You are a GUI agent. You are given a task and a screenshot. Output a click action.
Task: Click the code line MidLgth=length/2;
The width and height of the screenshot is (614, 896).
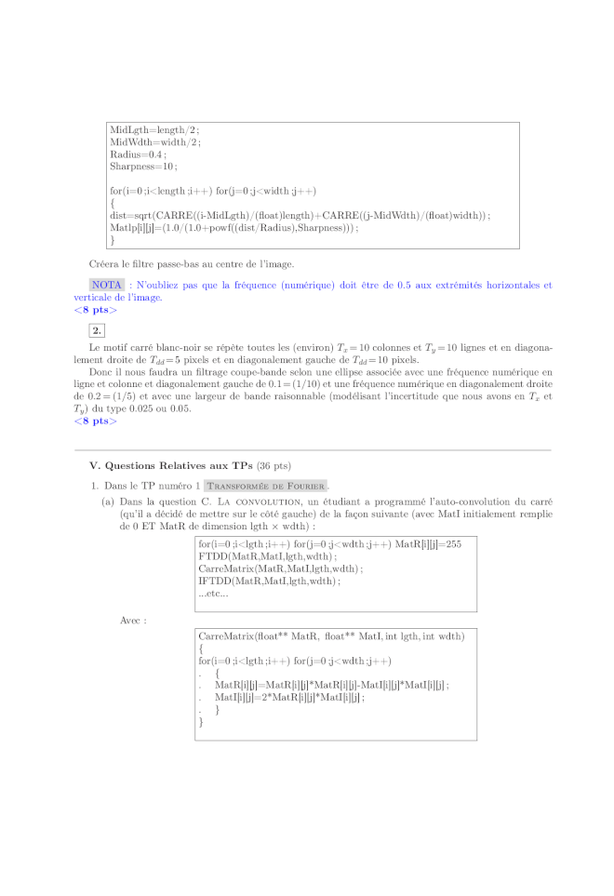(x=153, y=130)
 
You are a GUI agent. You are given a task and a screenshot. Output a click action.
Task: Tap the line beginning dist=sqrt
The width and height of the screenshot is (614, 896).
(x=299, y=215)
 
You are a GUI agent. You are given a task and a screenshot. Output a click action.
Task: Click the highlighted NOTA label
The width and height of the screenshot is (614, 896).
(x=107, y=285)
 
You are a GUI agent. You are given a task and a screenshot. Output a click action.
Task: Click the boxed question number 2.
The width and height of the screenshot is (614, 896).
(x=98, y=330)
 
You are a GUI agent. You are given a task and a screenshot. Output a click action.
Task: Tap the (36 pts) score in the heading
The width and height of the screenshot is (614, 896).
(x=276, y=465)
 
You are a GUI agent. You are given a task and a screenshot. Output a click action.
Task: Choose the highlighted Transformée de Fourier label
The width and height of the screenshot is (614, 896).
(x=266, y=486)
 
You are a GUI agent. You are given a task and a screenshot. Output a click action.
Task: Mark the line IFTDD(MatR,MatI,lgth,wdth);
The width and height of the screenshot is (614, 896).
(x=269, y=582)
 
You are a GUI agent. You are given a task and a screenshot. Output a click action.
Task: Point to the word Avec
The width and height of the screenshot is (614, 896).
(x=133, y=619)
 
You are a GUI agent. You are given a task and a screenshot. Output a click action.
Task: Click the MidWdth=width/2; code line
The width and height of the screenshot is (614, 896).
(x=154, y=142)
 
